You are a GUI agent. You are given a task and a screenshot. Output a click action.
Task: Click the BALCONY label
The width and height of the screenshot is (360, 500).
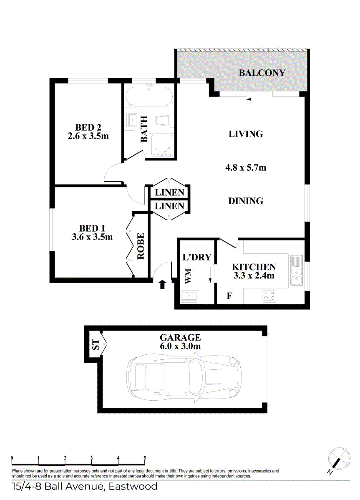tap(262, 73)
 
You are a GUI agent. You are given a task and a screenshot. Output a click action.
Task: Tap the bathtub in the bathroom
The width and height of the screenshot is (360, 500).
tap(149, 97)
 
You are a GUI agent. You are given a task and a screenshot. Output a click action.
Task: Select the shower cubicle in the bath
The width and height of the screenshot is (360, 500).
tap(162, 146)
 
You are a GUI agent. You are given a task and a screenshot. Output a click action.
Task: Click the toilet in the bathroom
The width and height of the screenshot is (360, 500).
tap(164, 120)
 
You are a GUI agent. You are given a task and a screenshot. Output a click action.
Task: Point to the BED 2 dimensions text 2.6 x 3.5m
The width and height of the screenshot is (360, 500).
tap(88, 136)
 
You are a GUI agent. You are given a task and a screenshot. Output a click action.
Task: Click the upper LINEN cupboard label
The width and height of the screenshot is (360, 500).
tap(169, 192)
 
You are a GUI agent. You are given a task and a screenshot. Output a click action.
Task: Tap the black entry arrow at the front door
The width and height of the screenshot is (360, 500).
tap(163, 285)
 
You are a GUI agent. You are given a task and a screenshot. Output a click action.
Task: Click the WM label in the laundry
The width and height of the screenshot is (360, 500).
tap(188, 276)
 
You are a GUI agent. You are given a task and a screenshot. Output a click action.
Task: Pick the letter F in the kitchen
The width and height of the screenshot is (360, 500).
tap(229, 296)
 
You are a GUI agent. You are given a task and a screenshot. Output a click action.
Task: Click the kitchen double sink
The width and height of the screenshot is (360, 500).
tap(297, 271)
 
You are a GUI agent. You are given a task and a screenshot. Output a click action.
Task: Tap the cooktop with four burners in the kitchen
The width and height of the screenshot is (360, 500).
tap(269, 296)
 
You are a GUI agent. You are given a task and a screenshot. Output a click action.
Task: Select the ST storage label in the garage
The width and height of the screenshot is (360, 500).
tap(96, 345)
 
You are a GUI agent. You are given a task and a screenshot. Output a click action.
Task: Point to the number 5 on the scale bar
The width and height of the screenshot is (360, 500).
tap(145, 458)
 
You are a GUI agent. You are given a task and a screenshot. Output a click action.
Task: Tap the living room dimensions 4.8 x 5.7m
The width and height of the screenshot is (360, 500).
tap(246, 168)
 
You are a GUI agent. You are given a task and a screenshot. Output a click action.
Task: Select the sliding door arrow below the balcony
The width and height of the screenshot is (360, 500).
tap(254, 99)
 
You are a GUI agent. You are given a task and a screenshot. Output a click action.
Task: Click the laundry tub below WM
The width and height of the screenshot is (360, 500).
tap(190, 297)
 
